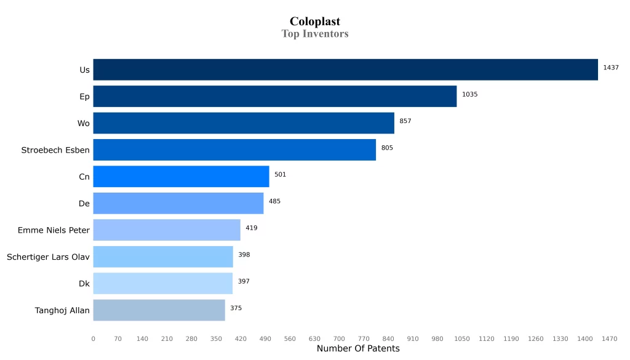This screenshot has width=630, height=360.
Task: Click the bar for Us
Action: [345, 70]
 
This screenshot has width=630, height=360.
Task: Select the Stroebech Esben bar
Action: [234, 150]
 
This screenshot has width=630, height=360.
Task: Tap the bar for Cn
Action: [181, 177]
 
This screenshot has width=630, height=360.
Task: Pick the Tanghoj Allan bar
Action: [159, 310]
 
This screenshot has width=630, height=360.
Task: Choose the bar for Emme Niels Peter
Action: [167, 230]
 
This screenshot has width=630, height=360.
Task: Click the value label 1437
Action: [611, 68]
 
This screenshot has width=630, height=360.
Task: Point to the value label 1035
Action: [470, 95]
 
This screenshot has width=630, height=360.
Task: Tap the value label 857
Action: [405, 121]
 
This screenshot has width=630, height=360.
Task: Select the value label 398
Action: [244, 255]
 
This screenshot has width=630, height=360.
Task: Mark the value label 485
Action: [274, 201]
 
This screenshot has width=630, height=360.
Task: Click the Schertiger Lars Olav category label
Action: [48, 257]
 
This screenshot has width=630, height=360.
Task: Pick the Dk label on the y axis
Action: [84, 284]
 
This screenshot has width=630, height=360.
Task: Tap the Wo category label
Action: [84, 124]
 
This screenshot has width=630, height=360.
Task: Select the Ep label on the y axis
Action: [84, 97]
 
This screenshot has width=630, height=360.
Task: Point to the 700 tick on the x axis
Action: [339, 338]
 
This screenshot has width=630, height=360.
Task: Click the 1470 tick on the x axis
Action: [610, 338]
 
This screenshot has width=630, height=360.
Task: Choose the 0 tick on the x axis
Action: [94, 338]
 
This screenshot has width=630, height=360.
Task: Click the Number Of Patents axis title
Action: [358, 349]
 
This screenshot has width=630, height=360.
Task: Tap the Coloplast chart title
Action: [315, 22]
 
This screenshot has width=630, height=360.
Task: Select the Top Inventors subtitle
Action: [315, 34]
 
